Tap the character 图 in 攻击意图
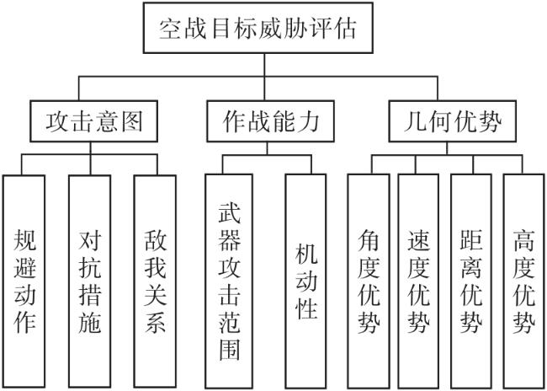[132, 121]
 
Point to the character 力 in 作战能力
[308, 121]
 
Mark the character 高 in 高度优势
[524, 240]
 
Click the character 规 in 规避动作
[24, 240]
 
